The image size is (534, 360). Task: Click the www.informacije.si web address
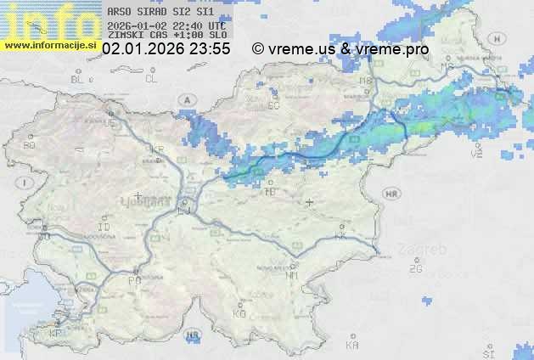(50, 45)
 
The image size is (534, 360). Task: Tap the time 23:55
(211, 49)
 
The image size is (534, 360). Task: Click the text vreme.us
(301, 49)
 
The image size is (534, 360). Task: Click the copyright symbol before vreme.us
(258, 49)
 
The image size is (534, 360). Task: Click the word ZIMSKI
(125, 36)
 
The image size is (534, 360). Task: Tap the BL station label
(79, 79)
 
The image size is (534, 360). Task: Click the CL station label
(152, 79)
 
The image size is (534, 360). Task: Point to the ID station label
(104, 228)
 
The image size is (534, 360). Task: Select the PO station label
(133, 280)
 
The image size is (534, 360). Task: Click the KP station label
(56, 334)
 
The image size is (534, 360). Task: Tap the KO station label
(239, 314)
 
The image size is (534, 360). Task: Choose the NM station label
(292, 275)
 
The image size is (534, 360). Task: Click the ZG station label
(415, 269)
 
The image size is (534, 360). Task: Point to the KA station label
(352, 346)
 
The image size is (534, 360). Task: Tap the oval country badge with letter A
(187, 99)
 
